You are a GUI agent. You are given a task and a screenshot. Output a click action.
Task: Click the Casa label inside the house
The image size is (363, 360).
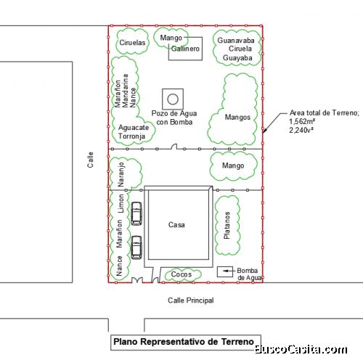point(176,225)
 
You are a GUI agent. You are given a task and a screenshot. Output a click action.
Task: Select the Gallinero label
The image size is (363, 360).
point(185,49)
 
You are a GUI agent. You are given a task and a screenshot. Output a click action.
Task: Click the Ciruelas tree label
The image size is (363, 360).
point(132,43)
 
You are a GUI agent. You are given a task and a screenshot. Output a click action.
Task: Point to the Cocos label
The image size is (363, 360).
point(181,274)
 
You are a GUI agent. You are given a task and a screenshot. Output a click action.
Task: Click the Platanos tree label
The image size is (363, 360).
point(227,225)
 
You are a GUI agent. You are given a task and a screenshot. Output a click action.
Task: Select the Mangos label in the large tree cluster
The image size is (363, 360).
point(237,117)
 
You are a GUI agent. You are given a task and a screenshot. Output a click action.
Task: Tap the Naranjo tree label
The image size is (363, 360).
point(121,174)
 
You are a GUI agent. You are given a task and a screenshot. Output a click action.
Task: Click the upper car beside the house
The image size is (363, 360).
point(136,213)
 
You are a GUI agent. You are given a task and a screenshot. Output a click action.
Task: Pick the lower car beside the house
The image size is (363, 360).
point(136,247)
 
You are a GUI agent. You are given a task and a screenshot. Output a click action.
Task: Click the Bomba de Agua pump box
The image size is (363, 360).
point(225,271)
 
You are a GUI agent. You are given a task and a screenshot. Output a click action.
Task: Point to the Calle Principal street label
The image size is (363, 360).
point(191,300)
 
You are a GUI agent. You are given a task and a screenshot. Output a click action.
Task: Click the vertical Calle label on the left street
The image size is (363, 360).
point(90,160)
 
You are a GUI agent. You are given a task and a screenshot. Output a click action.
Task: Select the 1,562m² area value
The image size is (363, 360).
point(302,121)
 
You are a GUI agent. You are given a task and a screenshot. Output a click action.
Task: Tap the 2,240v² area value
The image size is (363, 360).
point(301,130)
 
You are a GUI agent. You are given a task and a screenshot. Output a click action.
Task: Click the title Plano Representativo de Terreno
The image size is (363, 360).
point(184,342)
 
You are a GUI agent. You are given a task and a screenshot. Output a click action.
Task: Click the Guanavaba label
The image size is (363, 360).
point(236,40)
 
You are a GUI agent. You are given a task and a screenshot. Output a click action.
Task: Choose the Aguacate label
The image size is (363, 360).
point(134,127)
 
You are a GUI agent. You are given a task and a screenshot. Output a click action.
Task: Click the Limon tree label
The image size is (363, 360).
point(121,203)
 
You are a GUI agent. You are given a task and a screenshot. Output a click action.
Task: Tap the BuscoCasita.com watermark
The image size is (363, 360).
point(301,349)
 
